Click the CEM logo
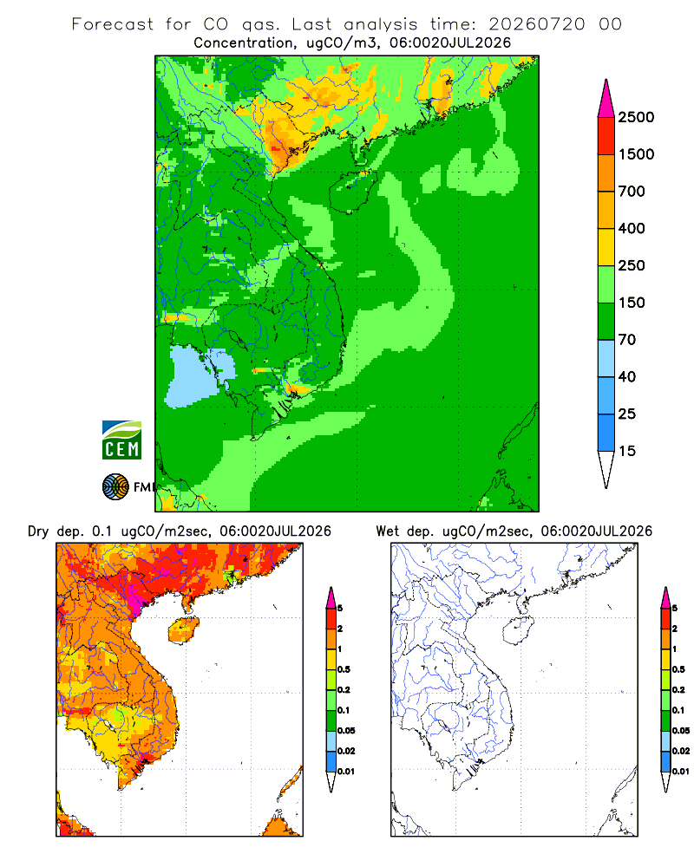click(x=121, y=440)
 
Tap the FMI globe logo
click(x=115, y=486)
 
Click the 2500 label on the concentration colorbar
click(x=636, y=117)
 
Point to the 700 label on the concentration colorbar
click(x=632, y=192)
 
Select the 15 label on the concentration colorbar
click(x=627, y=451)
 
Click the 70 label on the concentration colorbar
click(x=627, y=340)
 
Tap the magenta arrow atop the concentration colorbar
click(x=606, y=99)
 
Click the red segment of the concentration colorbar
click(x=606, y=136)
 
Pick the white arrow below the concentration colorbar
click(x=606, y=469)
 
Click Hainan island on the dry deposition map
click(x=183, y=631)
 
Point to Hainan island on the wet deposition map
click(x=518, y=631)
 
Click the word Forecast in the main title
click(x=113, y=24)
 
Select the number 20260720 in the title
click(x=536, y=24)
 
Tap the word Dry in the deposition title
click(x=38, y=532)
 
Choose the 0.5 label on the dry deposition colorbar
click(x=344, y=669)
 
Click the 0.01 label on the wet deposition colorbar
click(x=681, y=772)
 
